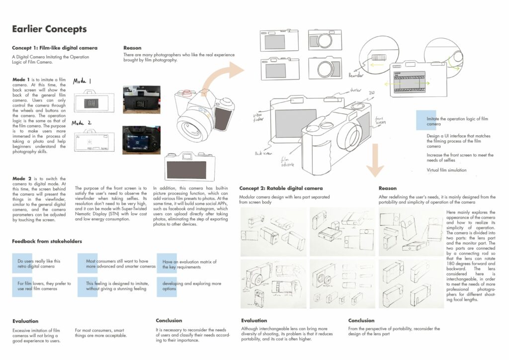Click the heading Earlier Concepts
[x=49, y=29]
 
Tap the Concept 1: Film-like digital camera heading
[x=55, y=48]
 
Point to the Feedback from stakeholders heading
[x=47, y=241]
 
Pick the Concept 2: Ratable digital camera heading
[x=281, y=188]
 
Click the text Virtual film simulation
[x=447, y=170]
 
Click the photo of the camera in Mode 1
[x=141, y=99]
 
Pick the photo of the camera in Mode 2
[x=141, y=140]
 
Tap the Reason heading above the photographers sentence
[x=132, y=48]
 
